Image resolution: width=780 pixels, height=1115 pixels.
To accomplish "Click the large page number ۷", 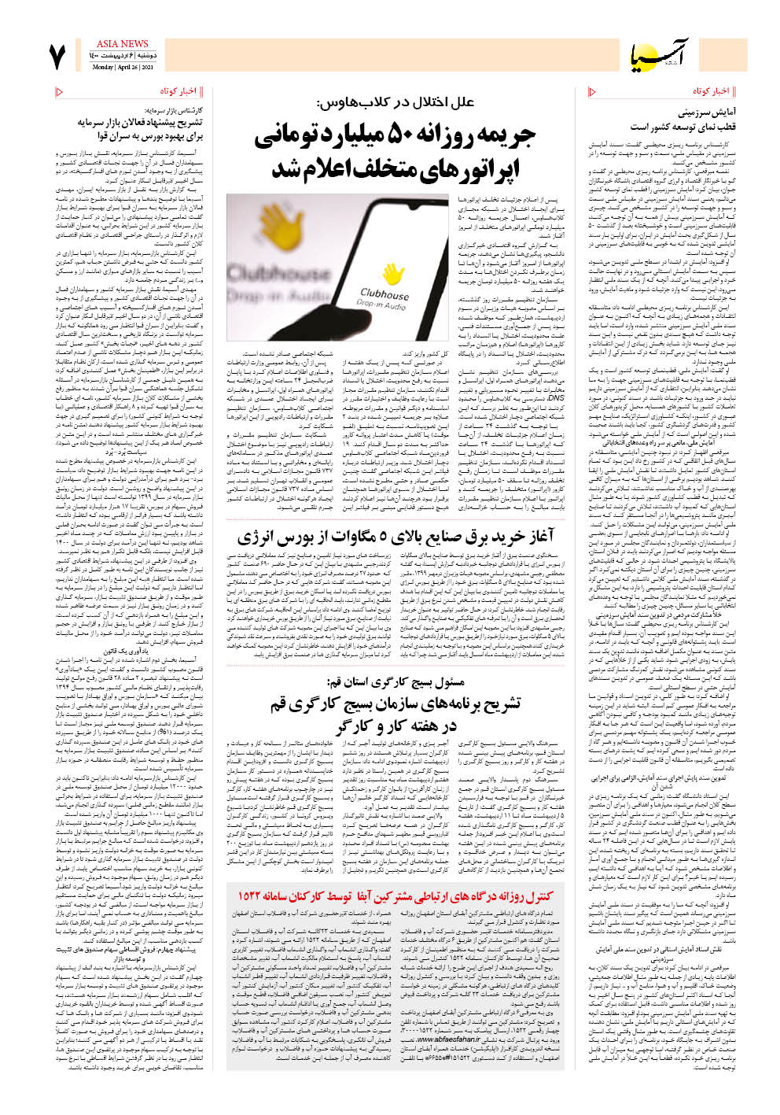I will tap(57, 57).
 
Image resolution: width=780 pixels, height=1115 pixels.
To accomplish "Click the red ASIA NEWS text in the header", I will tap(122, 44).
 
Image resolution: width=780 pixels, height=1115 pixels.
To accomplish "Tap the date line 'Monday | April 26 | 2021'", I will tap(122, 68).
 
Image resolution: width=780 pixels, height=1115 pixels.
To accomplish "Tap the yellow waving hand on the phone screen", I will tap(391, 274).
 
